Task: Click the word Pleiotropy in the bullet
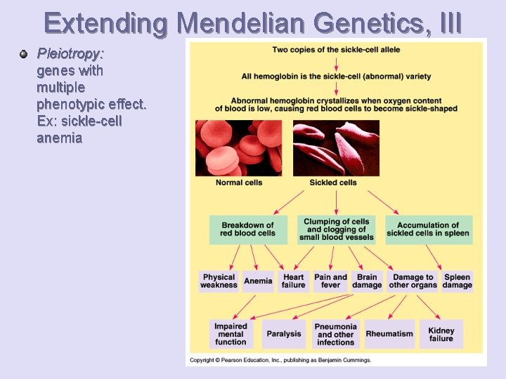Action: point(70,53)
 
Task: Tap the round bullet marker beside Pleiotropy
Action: point(24,53)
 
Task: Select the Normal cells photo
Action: point(238,147)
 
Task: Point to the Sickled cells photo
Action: point(336,147)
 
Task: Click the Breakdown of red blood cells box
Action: point(247,230)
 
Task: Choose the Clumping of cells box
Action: point(336,230)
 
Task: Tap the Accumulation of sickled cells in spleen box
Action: point(428,230)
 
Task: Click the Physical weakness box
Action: point(219,281)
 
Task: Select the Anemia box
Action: point(258,281)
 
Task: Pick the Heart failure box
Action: point(293,281)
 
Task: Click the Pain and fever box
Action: point(330,281)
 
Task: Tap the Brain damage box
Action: point(367,281)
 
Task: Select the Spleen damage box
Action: point(458,281)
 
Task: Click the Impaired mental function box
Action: point(231,334)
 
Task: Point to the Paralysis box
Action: point(284,334)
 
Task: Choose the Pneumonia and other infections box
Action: point(336,334)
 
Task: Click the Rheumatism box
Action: point(389,334)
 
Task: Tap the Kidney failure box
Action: point(441,334)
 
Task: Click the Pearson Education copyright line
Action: point(280,360)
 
